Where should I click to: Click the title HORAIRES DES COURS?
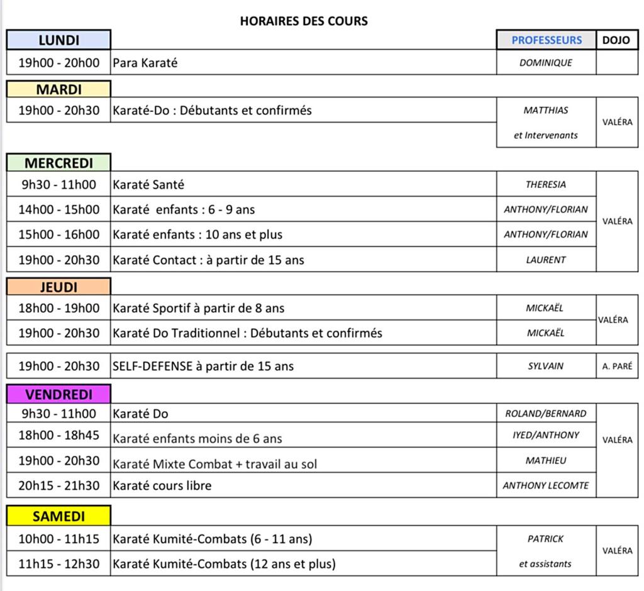(304, 21)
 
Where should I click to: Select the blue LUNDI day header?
(58, 40)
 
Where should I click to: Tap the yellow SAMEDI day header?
(58, 516)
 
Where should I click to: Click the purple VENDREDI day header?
(58, 394)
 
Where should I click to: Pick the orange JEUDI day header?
(58, 287)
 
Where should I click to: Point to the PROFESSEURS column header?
(547, 40)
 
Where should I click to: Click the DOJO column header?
(616, 40)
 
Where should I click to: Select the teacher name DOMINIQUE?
(546, 63)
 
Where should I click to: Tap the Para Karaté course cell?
(145, 63)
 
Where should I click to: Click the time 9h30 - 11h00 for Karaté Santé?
(58, 184)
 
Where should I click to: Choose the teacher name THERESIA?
(546, 184)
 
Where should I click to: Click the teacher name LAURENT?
(546, 259)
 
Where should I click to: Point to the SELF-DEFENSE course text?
(203, 366)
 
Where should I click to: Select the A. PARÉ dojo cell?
(617, 366)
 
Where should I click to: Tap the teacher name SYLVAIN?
(546, 366)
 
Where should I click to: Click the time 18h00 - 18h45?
(58, 435)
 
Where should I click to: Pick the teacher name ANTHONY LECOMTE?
(546, 485)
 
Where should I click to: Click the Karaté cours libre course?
(162, 485)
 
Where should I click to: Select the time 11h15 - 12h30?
(58, 564)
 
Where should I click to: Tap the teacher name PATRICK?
(546, 539)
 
